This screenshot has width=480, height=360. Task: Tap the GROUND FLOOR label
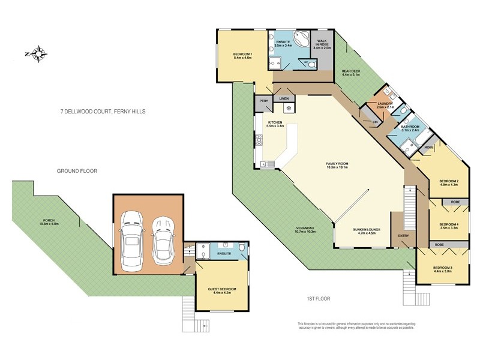pyautogui.click(x=77, y=171)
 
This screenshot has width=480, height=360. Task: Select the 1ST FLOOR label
pyautogui.click(x=318, y=298)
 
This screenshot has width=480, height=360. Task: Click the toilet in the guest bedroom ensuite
pyautogui.click(x=241, y=247)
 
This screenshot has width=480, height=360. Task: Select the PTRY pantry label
pyautogui.click(x=263, y=101)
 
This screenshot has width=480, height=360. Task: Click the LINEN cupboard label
pyautogui.click(x=284, y=98)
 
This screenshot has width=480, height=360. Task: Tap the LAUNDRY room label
pyautogui.click(x=385, y=104)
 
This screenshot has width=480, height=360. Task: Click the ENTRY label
pyautogui.click(x=403, y=235)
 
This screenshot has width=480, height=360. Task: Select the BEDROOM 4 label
pyautogui.click(x=449, y=224)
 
